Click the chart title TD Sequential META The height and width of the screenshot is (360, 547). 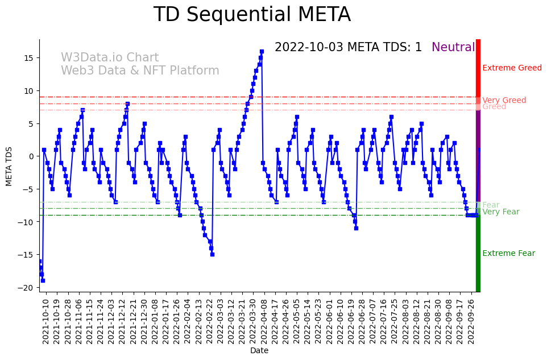tap(252, 15)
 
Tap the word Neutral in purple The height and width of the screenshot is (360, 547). tap(453, 47)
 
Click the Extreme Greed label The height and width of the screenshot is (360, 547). tap(512, 68)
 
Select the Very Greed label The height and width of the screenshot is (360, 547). tap(504, 100)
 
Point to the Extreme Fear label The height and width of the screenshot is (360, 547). tap(508, 254)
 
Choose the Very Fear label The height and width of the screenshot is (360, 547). tap(500, 212)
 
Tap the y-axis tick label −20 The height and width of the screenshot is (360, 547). tap(26, 288)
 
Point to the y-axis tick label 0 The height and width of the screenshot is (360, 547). tap(31, 156)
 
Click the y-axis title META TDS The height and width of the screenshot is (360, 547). tap(9, 165)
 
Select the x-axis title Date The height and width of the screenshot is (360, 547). tap(259, 351)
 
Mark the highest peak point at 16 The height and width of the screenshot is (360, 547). tap(262, 52)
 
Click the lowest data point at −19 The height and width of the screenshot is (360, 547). tap(43, 280)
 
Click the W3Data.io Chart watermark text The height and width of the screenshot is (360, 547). tap(110, 58)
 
